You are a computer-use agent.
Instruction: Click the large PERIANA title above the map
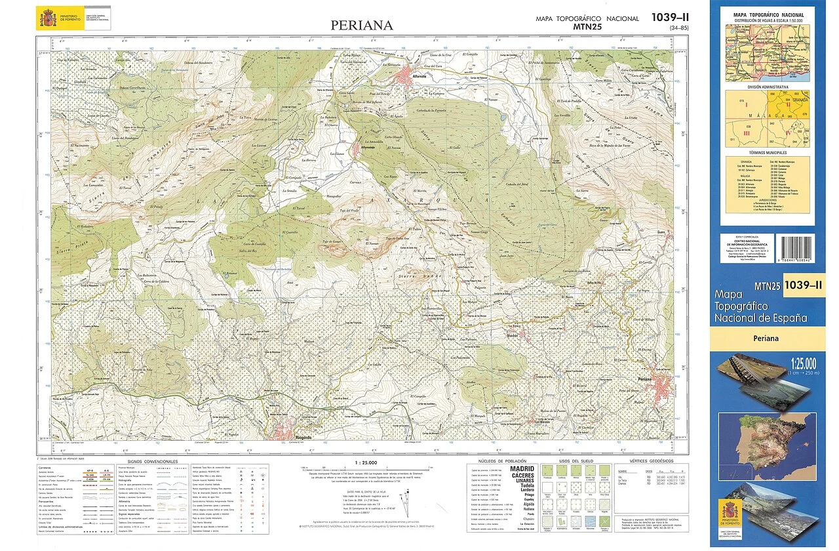click(x=362, y=26)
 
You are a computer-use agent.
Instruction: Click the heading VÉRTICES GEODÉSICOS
click(x=652, y=461)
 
